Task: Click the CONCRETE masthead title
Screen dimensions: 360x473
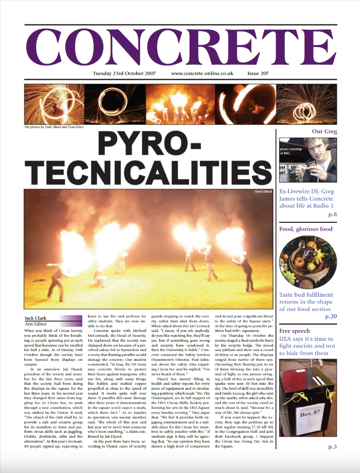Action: tap(180, 48)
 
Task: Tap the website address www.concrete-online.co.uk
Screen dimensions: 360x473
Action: tap(202, 74)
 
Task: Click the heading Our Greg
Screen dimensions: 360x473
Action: tap(324, 132)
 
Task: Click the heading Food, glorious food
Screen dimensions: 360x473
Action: tap(306, 229)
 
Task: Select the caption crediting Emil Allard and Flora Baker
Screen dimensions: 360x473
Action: tap(54, 127)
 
